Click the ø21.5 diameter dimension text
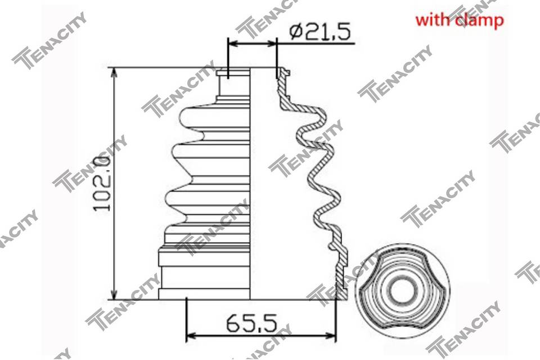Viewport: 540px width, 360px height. pos(320,32)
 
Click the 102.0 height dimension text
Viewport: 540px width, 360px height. pos(102,183)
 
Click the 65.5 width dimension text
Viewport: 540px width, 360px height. pos(252,323)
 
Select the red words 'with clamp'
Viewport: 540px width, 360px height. pos(460,20)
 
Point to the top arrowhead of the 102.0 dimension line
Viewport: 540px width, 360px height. pos(115,73)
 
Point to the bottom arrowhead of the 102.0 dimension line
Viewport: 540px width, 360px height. pos(115,295)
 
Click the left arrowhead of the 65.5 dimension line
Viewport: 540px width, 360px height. pos(191,335)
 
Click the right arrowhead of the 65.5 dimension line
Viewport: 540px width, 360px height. pos(330,335)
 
